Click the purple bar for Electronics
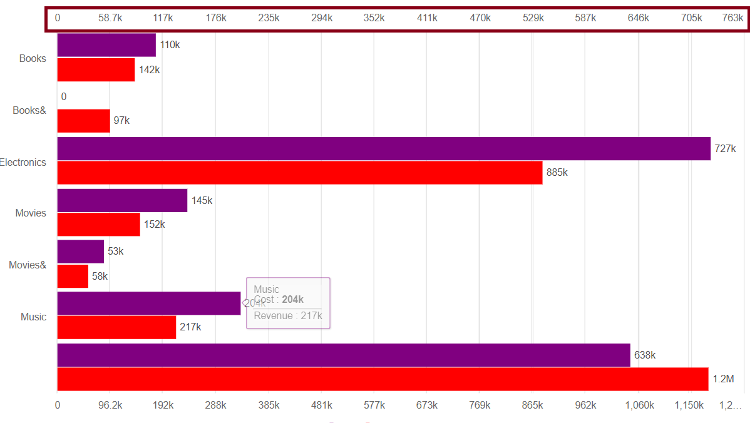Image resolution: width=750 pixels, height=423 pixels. pyautogui.click(x=384, y=149)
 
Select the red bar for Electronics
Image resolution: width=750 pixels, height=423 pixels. pyautogui.click(x=300, y=173)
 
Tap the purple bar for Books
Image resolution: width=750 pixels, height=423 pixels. pyautogui.click(x=106, y=45)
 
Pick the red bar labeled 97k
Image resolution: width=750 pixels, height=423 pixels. pyautogui.click(x=83, y=121)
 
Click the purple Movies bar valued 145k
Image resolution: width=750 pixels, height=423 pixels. pyautogui.click(x=122, y=201)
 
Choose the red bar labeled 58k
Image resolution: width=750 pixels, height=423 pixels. pyautogui.click(x=73, y=277)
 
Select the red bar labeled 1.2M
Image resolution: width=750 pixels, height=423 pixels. pyautogui.click(x=383, y=379)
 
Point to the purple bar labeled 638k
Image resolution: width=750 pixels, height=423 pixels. pyautogui.click(x=344, y=355)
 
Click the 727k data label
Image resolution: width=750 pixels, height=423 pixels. pyautogui.click(x=725, y=149)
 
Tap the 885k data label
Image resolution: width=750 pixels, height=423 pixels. pyautogui.click(x=557, y=173)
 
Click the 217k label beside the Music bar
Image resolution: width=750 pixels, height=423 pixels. pyautogui.click(x=190, y=327)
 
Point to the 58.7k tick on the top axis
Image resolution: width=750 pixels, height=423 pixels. pyautogui.click(x=110, y=18)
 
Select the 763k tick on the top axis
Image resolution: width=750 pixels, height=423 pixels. pyautogui.click(x=732, y=18)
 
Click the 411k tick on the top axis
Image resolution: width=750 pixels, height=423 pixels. pyautogui.click(x=427, y=18)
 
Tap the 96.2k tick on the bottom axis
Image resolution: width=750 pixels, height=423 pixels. pyautogui.click(x=110, y=405)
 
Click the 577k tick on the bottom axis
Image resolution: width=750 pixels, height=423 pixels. pyautogui.click(x=374, y=405)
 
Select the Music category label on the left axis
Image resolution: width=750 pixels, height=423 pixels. pyautogui.click(x=34, y=317)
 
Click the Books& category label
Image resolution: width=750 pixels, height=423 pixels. pyautogui.click(x=29, y=111)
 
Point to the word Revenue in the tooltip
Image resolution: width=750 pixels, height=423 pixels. pyautogui.click(x=273, y=316)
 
